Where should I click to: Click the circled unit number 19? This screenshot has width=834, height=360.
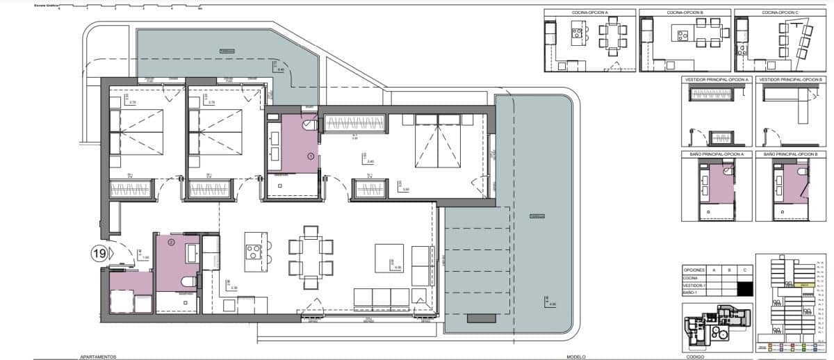click(x=99, y=254)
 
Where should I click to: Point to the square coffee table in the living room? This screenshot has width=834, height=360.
click(x=389, y=258)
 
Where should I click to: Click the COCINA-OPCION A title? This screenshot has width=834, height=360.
click(x=589, y=13)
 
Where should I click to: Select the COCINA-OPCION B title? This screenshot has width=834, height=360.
click(x=685, y=13)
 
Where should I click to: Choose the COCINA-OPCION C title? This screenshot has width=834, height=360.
click(x=779, y=13)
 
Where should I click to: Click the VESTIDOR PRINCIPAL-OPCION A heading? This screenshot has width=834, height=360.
click(x=717, y=80)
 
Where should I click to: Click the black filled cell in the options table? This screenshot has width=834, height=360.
click(x=745, y=287)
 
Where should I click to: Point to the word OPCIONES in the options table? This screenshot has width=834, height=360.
click(x=694, y=269)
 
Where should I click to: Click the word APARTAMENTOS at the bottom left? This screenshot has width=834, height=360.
click(x=94, y=356)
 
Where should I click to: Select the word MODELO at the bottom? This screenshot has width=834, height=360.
click(x=575, y=356)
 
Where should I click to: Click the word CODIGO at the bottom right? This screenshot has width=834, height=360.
click(x=695, y=356)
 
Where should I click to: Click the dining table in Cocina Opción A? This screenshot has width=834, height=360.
click(x=612, y=40)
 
